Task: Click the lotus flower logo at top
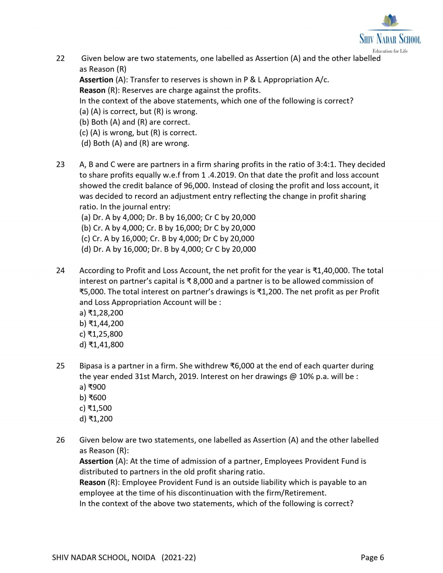click(x=390, y=21)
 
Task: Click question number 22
click(x=60, y=58)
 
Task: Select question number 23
click(x=60, y=165)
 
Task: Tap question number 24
click(x=60, y=270)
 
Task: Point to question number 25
click(x=60, y=366)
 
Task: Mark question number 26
click(x=60, y=440)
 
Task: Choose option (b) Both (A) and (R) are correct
click(x=135, y=122)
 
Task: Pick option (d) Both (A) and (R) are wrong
click(x=135, y=144)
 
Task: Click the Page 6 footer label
click(x=372, y=558)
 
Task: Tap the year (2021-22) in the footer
click(x=179, y=558)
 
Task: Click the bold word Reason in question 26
click(x=92, y=483)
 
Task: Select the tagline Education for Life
click(x=390, y=51)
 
